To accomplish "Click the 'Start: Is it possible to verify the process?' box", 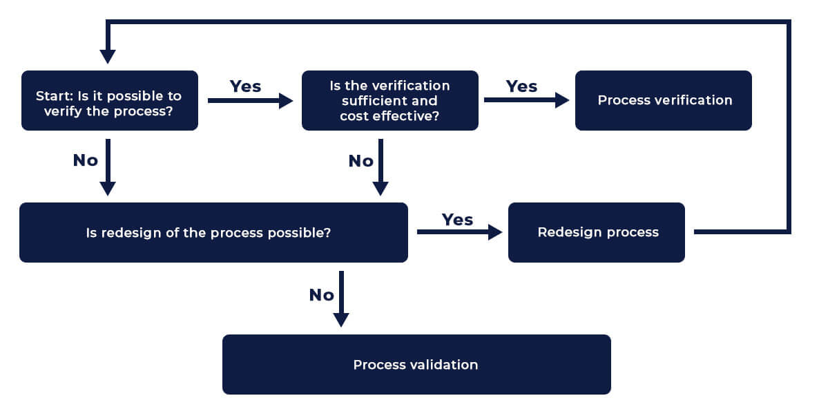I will point(110,100).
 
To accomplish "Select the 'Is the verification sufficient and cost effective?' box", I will point(389,100).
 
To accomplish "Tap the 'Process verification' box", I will point(663,100).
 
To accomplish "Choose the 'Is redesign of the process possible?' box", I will point(213,232).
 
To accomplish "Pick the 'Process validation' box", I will point(416,364).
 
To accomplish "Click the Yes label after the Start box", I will point(245,86).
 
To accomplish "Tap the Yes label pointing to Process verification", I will point(521,86).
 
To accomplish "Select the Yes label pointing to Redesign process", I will point(457,220).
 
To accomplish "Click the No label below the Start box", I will point(86,160).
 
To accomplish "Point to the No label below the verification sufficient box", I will point(360,161).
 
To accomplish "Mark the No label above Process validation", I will point(322,295).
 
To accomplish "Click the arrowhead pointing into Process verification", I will point(562,100).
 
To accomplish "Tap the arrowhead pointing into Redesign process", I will point(495,232).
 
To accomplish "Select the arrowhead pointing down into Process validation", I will point(341,319).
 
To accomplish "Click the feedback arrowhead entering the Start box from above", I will point(108,56).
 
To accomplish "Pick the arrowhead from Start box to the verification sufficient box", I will point(286,101).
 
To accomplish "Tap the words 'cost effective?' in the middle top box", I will point(389,116).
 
